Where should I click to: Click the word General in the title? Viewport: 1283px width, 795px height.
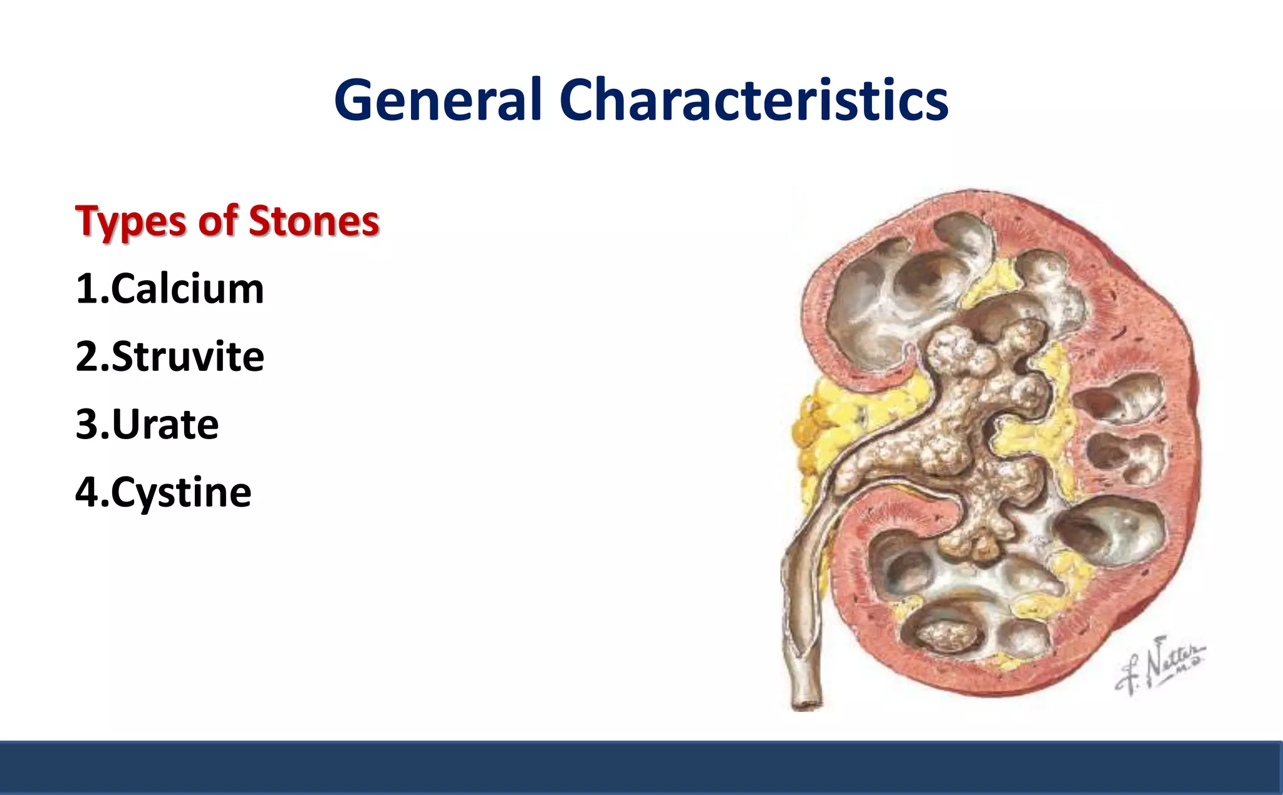coord(437,100)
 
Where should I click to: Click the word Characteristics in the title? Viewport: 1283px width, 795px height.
coord(754,100)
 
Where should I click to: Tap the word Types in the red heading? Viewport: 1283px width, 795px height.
coord(130,222)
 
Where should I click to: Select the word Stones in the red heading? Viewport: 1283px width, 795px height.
coord(314,222)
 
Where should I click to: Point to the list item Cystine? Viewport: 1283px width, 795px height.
coord(181,492)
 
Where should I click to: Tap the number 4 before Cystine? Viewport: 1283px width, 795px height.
coord(86,492)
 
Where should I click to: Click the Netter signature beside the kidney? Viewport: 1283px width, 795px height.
coord(1159,667)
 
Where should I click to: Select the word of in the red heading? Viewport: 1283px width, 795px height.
coord(218,222)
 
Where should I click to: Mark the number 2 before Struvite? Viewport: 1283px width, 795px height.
coord(87,357)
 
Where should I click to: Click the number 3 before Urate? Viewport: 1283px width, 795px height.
coord(87,425)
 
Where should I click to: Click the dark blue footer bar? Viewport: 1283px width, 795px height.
coord(641,767)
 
